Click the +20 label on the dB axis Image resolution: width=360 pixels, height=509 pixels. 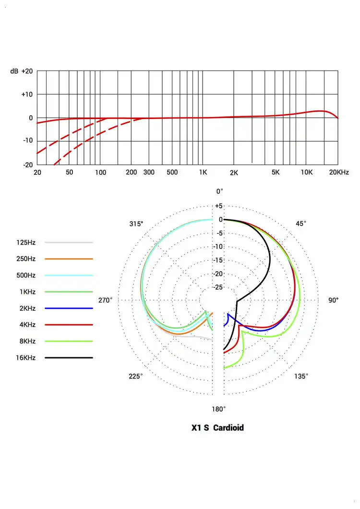click(x=27, y=71)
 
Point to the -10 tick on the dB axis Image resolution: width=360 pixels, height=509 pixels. click(x=27, y=141)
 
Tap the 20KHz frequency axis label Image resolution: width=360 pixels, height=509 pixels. click(x=339, y=172)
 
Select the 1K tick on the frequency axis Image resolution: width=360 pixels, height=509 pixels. click(x=203, y=172)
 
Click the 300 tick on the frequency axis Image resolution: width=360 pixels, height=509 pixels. click(x=149, y=172)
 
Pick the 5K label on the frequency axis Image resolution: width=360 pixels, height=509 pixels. click(x=276, y=172)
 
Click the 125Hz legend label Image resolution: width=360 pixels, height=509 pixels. click(x=26, y=242)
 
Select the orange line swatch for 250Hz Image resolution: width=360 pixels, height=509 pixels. click(x=68, y=259)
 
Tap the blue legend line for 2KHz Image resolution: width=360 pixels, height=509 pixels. click(x=68, y=308)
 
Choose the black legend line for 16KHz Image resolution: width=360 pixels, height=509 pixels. click(x=68, y=358)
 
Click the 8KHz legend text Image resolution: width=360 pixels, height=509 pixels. click(x=26, y=341)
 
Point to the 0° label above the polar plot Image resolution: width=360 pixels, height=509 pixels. click(x=219, y=191)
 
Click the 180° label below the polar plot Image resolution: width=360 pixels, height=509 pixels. click(x=219, y=409)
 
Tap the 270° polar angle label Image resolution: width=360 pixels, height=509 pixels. click(x=105, y=300)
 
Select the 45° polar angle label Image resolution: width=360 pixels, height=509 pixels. click(x=301, y=223)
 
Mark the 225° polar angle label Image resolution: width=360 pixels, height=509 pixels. click(x=136, y=376)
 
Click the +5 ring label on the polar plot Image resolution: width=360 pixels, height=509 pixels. click(x=219, y=206)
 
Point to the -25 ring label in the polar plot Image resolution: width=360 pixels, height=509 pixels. click(x=219, y=287)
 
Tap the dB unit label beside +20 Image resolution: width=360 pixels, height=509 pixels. click(x=14, y=71)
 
